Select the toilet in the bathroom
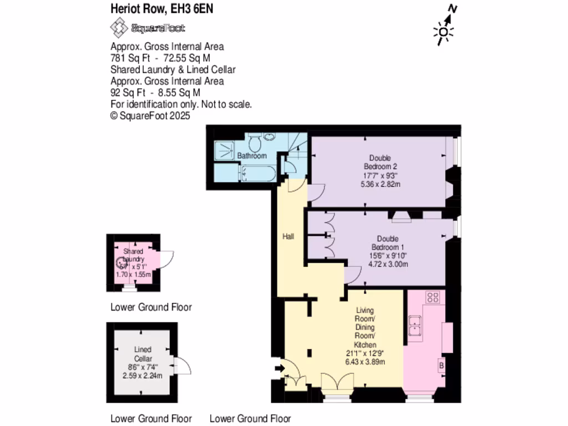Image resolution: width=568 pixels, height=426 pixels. click(x=256, y=144)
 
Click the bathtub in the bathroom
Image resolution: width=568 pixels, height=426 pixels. click(x=256, y=173)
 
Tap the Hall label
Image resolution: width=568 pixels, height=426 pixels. click(x=288, y=236)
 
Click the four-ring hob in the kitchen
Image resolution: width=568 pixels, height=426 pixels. click(x=432, y=297)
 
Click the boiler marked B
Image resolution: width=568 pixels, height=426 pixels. click(x=442, y=367)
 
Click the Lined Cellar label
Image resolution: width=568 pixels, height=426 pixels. click(x=143, y=354)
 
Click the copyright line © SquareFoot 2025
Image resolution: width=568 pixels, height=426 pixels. click(x=150, y=115)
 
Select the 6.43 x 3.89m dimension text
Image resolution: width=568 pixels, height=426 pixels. click(x=365, y=362)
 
